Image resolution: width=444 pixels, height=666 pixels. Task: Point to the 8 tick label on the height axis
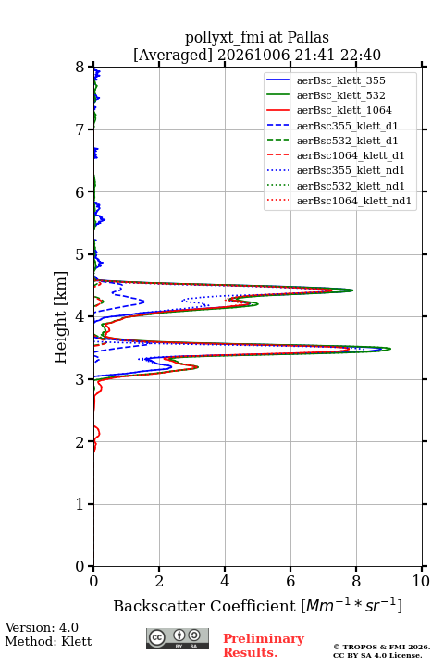(80, 68)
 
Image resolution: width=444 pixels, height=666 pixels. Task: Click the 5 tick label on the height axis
(80, 255)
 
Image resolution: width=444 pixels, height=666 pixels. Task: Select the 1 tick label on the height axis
(80, 504)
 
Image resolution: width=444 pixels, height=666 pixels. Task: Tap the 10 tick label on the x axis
(421, 581)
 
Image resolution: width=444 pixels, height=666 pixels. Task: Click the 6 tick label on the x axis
(290, 581)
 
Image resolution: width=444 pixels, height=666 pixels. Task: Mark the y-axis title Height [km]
(61, 317)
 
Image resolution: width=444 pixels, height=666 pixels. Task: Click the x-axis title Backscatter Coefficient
(203, 606)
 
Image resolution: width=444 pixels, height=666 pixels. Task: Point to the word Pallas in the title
(308, 38)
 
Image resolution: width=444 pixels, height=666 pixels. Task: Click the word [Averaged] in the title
(172, 55)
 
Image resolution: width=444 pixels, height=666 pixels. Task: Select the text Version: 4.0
(42, 627)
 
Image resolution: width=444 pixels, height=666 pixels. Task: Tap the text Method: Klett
(48, 641)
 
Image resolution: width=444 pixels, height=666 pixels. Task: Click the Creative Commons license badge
(178, 638)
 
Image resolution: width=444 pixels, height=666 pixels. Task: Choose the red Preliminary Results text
(264, 646)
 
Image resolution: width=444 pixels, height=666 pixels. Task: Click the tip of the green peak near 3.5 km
(390, 349)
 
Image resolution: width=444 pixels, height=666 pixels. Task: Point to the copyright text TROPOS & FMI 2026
(381, 647)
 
